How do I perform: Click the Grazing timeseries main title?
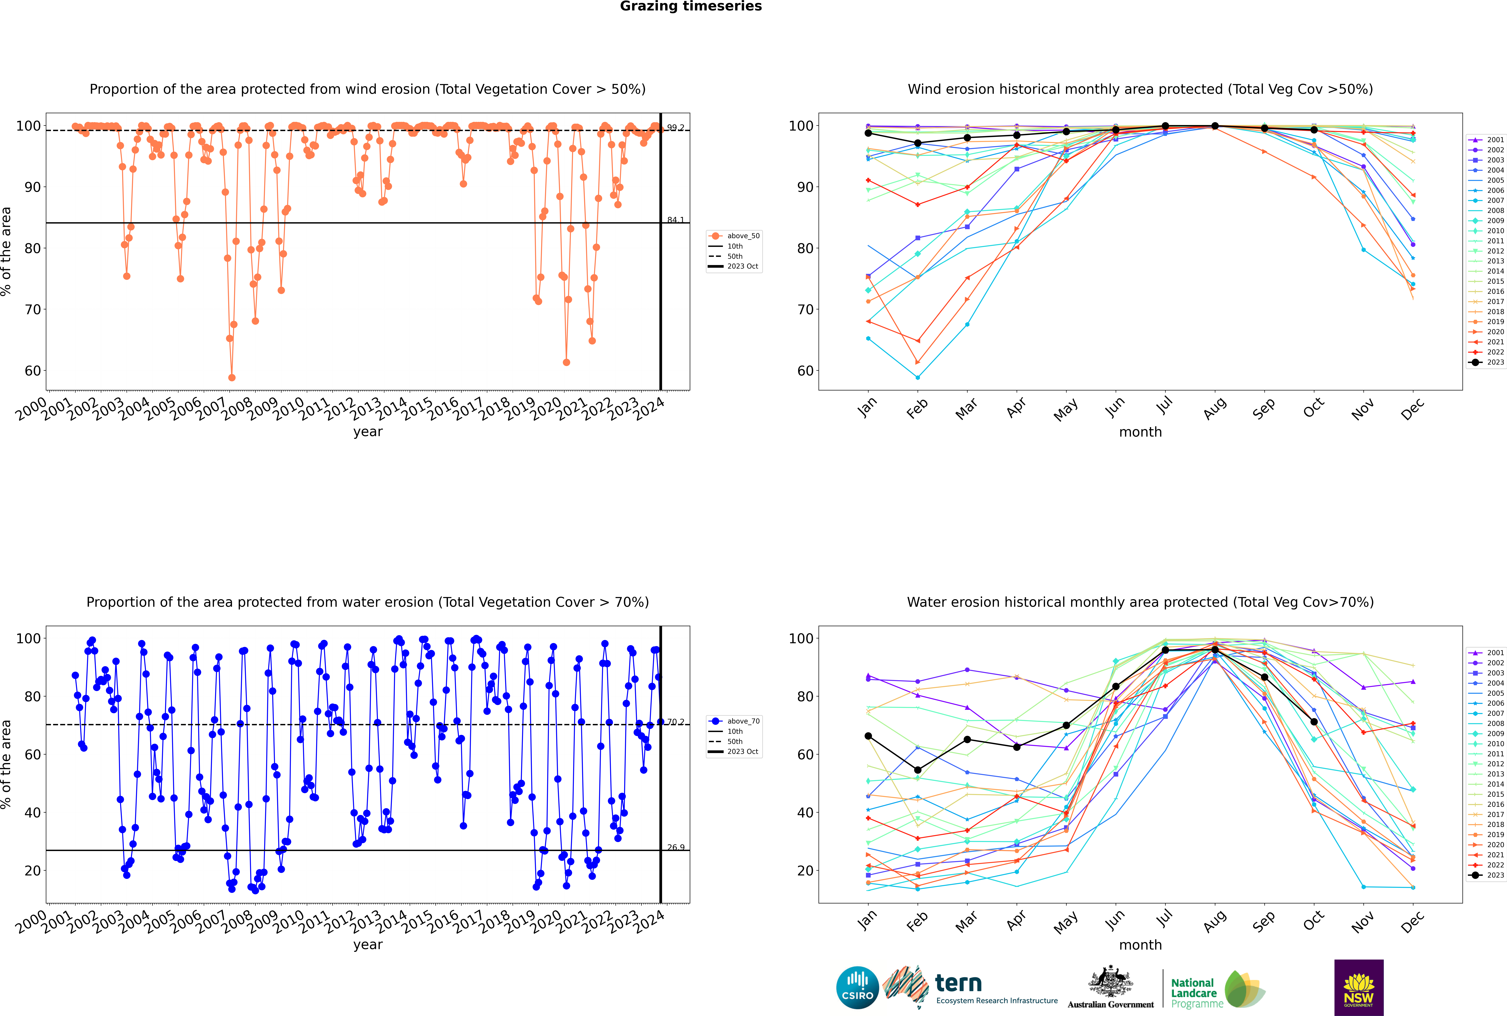[x=691, y=6]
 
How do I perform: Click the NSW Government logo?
[x=1359, y=988]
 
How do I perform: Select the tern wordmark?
[x=958, y=984]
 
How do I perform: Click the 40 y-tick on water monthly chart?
[x=805, y=813]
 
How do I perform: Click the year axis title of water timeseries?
[x=368, y=945]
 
